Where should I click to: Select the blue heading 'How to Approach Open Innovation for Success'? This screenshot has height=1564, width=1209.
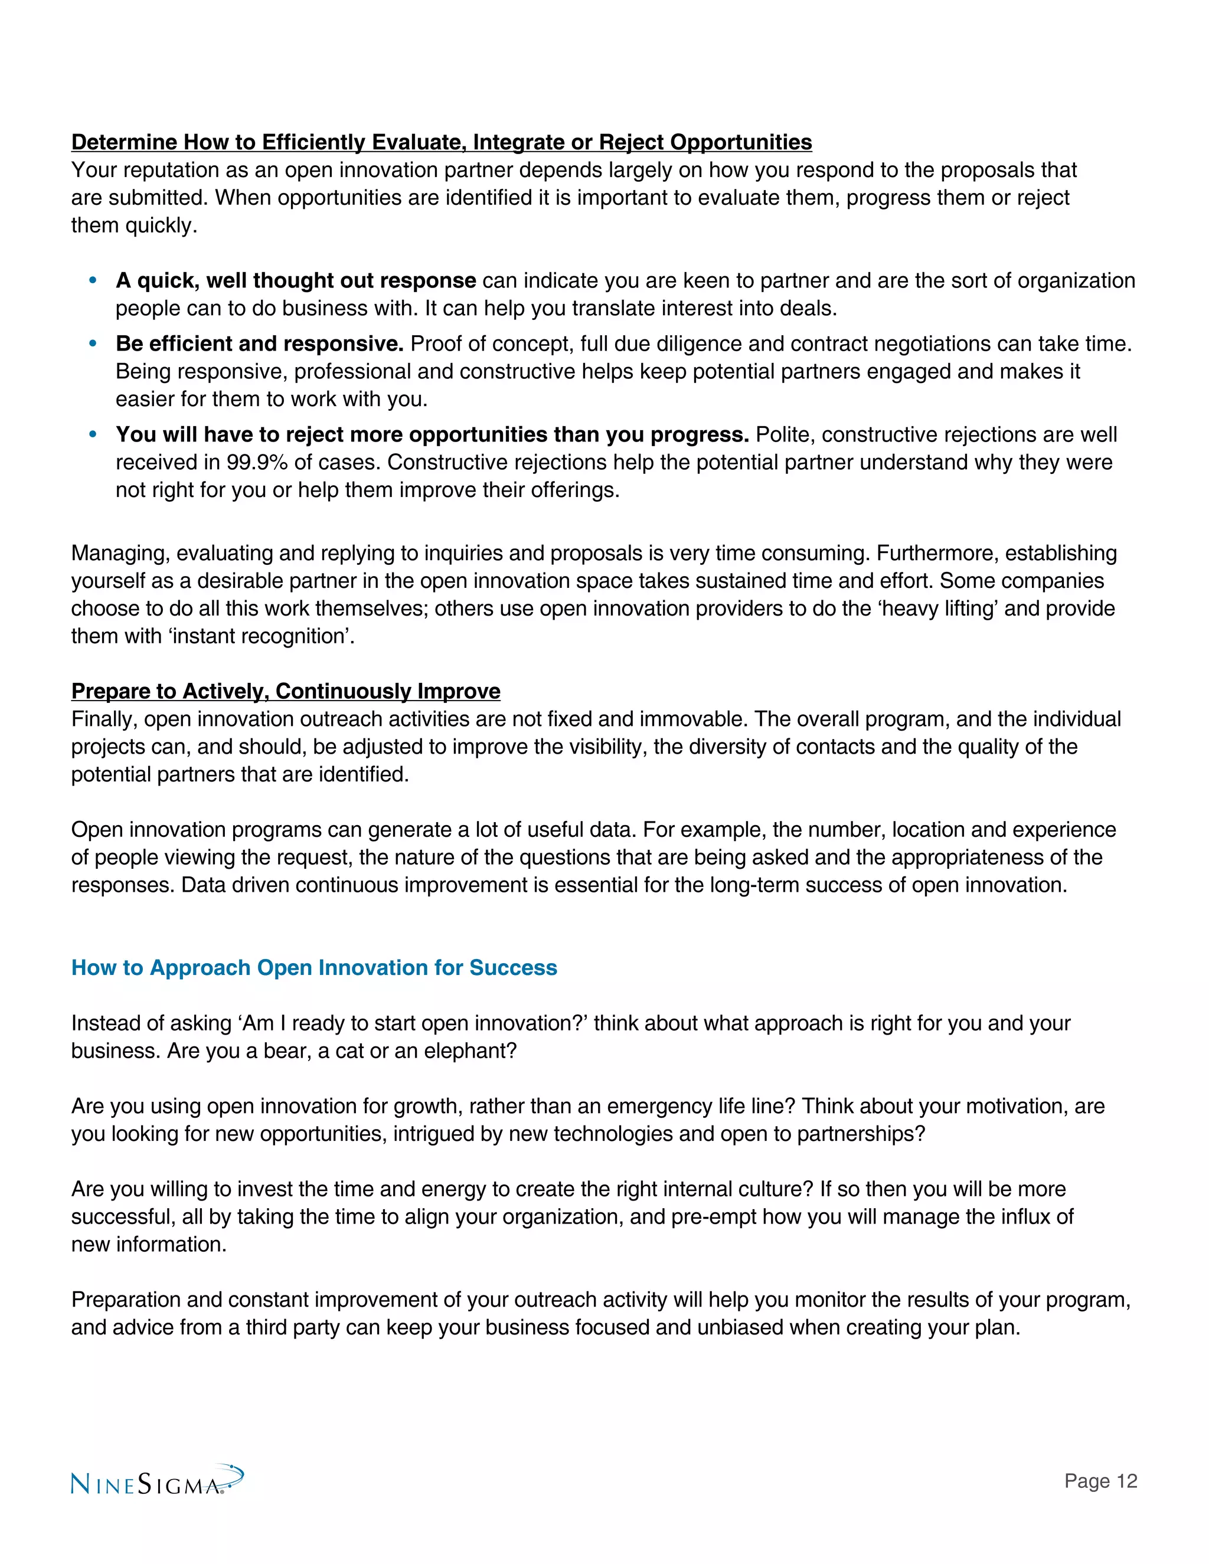pyautogui.click(x=313, y=967)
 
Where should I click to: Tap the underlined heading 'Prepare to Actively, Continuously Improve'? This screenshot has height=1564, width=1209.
pyautogui.click(x=285, y=691)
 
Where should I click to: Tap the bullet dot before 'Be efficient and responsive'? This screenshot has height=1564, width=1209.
pyautogui.click(x=93, y=343)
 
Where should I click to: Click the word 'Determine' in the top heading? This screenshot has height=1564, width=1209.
pyautogui.click(x=125, y=142)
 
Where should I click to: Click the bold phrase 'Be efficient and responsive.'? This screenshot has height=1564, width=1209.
pyautogui.click(x=260, y=343)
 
